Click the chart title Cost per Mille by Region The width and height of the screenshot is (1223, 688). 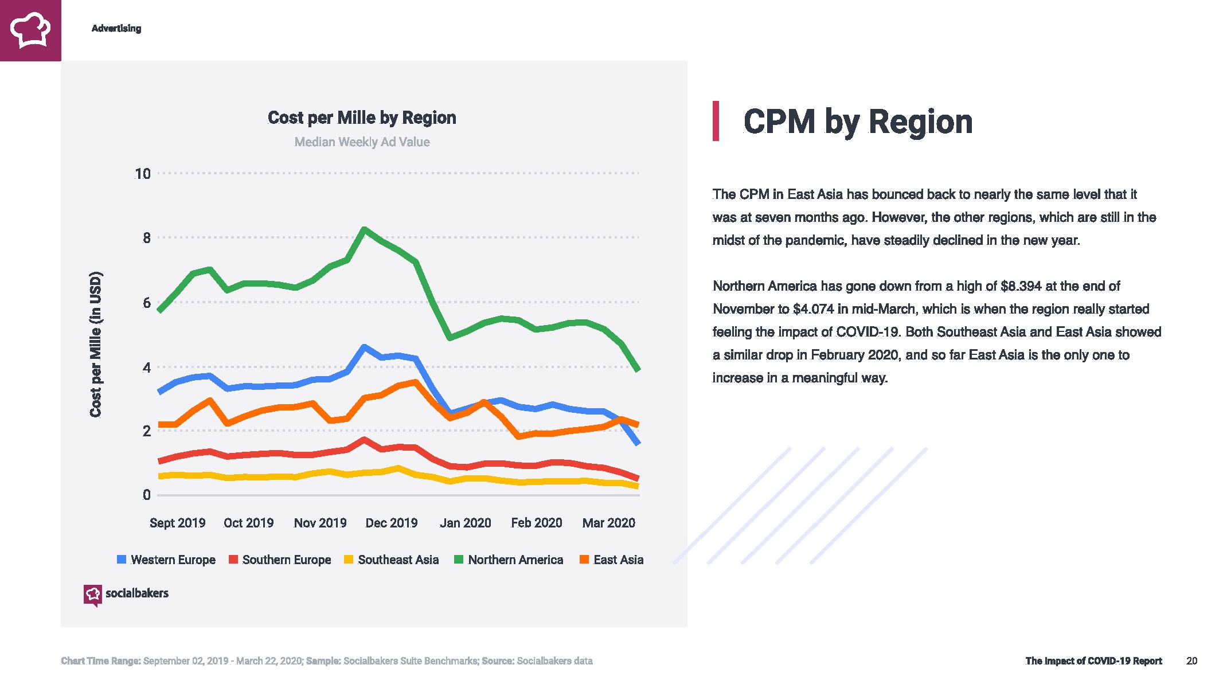pos(362,118)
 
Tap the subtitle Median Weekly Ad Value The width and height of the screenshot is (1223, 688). pos(362,142)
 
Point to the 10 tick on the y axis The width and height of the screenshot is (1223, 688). pos(142,174)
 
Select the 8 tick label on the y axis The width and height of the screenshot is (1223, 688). pos(147,238)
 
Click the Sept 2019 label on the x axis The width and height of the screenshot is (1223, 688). pos(177,523)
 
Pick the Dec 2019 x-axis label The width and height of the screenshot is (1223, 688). pos(392,523)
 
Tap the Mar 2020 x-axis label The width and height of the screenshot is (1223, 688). pos(608,523)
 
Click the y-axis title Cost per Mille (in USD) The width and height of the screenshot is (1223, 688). pos(96,344)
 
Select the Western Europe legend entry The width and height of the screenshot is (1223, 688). pos(166,560)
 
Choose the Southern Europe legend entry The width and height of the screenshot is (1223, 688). pos(280,560)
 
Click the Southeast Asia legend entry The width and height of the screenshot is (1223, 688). pos(392,560)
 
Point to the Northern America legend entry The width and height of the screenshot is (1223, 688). pos(509,560)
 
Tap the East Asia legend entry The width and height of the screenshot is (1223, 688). pos(612,560)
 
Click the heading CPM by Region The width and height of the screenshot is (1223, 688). pos(858,122)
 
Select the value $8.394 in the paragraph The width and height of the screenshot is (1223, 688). pos(1021,286)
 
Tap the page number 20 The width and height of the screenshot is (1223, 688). pos(1191,661)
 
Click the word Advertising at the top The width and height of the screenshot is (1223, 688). pos(116,28)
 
